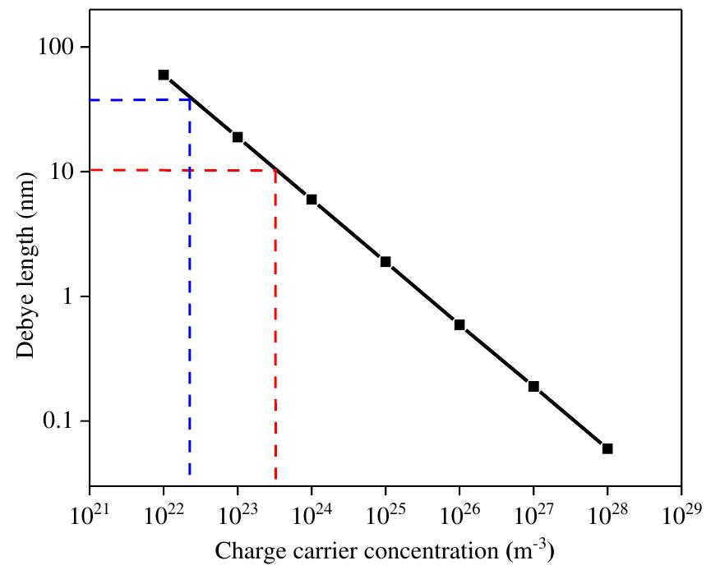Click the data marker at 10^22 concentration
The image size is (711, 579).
tap(164, 75)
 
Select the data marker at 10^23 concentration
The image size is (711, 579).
tap(238, 137)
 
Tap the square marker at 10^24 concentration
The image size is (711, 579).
tap(312, 200)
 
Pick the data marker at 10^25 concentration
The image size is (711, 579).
tap(386, 262)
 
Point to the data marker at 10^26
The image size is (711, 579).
tap(459, 324)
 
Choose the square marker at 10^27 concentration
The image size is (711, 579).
tap(533, 386)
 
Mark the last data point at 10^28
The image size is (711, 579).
tap(607, 448)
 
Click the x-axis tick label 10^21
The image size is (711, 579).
tap(89, 514)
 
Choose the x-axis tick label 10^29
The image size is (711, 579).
tap(681, 514)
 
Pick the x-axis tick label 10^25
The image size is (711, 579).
tap(385, 514)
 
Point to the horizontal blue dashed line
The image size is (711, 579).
tap(140, 100)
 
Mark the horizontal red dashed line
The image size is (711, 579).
tap(181, 170)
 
